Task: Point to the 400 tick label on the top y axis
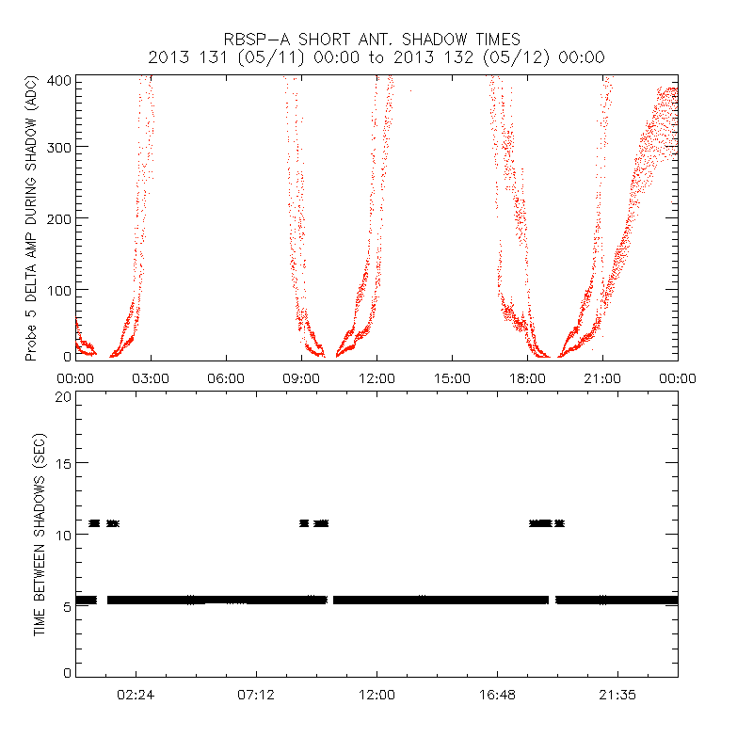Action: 59,80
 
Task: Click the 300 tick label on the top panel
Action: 59,147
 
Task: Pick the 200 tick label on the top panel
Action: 59,217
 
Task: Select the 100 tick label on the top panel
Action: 59,288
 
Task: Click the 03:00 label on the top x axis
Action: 151,377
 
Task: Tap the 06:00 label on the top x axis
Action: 226,377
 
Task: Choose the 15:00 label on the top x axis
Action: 452,377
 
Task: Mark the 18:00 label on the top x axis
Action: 527,377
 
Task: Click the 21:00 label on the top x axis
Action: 602,377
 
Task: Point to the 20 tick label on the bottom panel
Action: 63,396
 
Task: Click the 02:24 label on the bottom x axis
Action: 136,695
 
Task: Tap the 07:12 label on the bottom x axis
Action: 256,695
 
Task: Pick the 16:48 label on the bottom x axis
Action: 497,695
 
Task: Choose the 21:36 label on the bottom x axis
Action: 617,695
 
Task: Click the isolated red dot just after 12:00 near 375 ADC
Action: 410,90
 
